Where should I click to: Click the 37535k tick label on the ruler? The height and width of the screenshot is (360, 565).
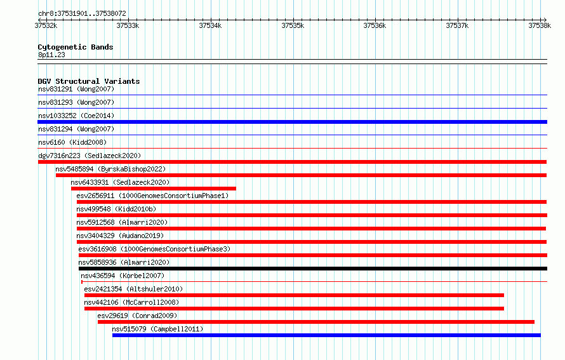point(293,25)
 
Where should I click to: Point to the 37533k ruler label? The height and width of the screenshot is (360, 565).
point(128,25)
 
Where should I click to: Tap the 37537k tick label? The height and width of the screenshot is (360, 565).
point(457,25)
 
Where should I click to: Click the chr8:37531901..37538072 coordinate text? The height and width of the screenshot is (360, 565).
point(82,14)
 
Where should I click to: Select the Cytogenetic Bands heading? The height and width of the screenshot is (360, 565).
point(76,47)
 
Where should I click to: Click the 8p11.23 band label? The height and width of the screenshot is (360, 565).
point(51,55)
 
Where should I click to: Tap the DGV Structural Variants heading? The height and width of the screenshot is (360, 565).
point(89,81)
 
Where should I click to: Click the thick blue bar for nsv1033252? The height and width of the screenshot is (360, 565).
point(292,122)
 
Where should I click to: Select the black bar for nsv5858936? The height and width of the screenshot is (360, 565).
point(313,269)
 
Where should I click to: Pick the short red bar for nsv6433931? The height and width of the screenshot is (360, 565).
point(154,189)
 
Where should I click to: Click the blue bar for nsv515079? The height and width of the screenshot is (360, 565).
point(326,335)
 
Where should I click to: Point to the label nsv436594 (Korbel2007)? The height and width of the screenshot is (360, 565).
point(123,276)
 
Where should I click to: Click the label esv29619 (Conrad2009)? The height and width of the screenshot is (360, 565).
point(137,316)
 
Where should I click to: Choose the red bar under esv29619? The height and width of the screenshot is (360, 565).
point(316,322)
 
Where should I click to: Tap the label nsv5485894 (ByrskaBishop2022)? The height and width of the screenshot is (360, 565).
point(110,169)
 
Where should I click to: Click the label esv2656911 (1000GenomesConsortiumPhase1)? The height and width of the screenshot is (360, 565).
point(152,196)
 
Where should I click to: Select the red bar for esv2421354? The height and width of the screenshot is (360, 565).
point(294,295)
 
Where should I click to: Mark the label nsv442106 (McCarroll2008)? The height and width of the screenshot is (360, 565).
point(131,302)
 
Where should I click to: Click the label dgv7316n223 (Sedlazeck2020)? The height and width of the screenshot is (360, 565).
point(90,156)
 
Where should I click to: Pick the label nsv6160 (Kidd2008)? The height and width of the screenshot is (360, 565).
point(72,142)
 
